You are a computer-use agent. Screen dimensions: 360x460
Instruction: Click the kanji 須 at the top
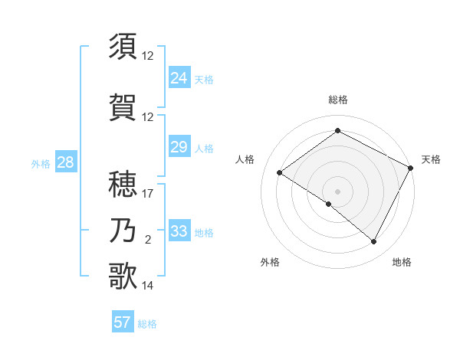[123, 46]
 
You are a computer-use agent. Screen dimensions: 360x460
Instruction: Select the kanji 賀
[123, 107]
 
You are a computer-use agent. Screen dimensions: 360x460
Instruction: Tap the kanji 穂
[123, 184]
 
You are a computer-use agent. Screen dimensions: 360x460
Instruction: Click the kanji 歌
[123, 276]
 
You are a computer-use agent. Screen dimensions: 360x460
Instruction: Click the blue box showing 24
[179, 78]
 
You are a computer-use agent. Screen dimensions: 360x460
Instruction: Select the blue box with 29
[179, 147]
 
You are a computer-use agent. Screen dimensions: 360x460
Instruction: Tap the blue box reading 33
[179, 231]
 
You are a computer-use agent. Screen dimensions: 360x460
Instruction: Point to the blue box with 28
[65, 162]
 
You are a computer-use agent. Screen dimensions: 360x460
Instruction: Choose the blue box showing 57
[122, 322]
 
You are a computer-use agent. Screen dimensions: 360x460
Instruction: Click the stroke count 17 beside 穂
[148, 194]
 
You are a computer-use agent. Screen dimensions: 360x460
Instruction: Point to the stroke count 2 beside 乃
[148, 240]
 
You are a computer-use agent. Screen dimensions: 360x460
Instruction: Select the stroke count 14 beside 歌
[148, 286]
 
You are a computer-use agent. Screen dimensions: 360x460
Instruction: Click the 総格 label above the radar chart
[337, 100]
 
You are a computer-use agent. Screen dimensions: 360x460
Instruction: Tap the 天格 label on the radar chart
[431, 159]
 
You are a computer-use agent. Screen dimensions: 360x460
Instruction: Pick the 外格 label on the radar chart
[270, 262]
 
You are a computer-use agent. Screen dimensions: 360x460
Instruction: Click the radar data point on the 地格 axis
[374, 242]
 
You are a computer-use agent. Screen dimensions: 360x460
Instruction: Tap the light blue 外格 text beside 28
[40, 163]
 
